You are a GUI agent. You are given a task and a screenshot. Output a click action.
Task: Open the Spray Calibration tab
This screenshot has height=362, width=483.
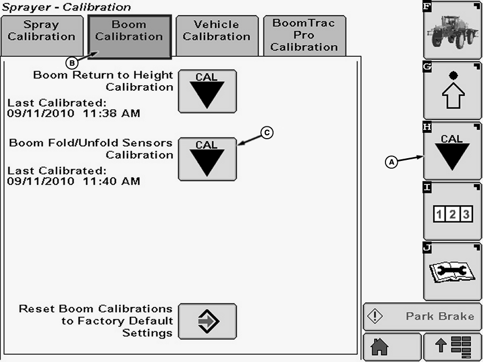(42, 36)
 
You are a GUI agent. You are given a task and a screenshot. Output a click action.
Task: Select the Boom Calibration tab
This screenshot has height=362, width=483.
(129, 36)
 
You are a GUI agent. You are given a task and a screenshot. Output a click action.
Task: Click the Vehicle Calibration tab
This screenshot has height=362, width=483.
(217, 36)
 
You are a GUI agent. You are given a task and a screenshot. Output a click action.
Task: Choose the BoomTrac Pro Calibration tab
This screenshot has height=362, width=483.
(304, 36)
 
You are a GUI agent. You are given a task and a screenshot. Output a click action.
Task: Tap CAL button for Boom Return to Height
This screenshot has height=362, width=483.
(207, 91)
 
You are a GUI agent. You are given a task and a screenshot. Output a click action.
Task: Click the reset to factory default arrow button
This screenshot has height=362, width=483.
(207, 321)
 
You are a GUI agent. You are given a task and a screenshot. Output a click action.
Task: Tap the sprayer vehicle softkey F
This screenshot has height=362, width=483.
(452, 30)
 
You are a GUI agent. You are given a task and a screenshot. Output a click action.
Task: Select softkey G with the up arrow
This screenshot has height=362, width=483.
(452, 90)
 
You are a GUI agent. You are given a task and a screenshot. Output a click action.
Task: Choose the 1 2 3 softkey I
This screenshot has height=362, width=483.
(452, 211)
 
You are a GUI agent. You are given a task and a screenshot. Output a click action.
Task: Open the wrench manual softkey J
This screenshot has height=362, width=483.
(452, 271)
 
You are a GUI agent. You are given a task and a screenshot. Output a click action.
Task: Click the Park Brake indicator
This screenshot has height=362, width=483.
(423, 316)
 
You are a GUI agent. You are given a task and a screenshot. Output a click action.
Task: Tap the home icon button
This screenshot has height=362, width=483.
(392, 346)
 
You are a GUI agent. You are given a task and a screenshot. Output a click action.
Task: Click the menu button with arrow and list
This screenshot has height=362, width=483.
(453, 346)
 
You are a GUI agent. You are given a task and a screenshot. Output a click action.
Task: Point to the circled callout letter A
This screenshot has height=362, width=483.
(392, 162)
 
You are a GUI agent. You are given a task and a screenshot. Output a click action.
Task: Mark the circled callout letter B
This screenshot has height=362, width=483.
(71, 63)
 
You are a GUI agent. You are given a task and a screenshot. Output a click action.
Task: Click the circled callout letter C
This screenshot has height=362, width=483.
(267, 133)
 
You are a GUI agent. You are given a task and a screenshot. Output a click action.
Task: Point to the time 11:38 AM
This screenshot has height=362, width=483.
(111, 113)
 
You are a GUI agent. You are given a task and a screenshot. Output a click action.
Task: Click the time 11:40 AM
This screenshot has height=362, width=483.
(111, 181)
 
